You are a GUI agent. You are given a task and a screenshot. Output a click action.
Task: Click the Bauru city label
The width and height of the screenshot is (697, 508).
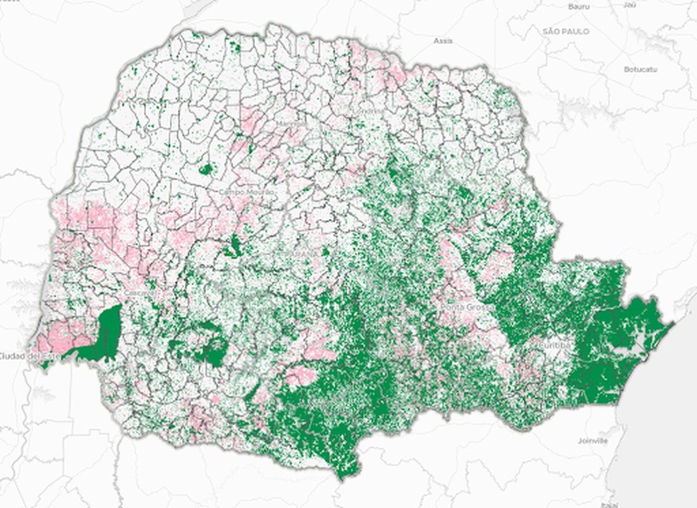pyautogui.click(x=579, y=6)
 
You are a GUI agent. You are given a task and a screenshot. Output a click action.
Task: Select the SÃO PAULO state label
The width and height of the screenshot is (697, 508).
pyautogui.click(x=566, y=32)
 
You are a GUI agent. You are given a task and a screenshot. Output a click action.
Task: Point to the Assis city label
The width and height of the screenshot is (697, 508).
pyautogui.click(x=443, y=40)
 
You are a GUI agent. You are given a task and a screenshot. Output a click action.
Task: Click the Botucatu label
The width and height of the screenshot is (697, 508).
pyautogui.click(x=641, y=69)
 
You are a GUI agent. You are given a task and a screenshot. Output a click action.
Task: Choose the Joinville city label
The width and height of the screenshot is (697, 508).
pyautogui.click(x=593, y=440)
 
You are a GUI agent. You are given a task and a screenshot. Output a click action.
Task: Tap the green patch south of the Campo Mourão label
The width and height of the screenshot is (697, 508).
pyautogui.click(x=232, y=247)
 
